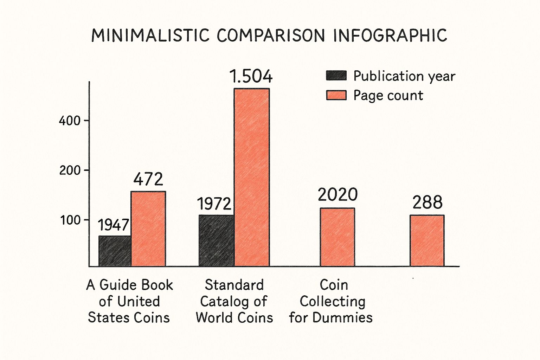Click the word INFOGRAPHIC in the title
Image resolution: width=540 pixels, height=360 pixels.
(x=390, y=36)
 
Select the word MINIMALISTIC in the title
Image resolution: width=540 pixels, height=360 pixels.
(x=150, y=36)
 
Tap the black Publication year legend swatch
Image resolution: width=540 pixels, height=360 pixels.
(x=336, y=76)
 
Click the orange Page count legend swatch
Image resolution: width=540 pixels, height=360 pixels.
(x=336, y=95)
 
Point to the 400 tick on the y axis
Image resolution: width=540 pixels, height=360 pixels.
(x=70, y=121)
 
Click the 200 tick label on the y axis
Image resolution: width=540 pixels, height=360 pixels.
(x=70, y=171)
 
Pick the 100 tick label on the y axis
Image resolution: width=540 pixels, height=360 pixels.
(x=70, y=220)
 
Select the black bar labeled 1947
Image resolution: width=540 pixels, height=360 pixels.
(x=115, y=251)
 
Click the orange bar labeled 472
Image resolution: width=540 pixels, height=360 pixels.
(x=148, y=229)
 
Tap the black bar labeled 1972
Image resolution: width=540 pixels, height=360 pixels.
(x=216, y=240)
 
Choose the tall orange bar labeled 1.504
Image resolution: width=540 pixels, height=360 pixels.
(x=252, y=177)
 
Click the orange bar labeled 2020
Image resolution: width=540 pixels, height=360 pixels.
(x=337, y=237)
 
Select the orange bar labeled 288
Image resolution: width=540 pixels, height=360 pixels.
(x=427, y=240)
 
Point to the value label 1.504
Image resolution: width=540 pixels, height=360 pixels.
(x=251, y=76)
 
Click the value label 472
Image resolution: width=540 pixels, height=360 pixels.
(x=148, y=179)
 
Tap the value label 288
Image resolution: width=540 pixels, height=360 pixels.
(x=427, y=202)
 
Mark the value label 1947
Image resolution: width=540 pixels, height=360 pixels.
(x=113, y=225)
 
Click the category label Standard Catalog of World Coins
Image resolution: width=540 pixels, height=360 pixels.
(x=234, y=301)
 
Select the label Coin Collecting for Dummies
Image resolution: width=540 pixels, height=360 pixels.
(x=331, y=301)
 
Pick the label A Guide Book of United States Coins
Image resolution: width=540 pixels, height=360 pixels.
(x=129, y=301)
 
